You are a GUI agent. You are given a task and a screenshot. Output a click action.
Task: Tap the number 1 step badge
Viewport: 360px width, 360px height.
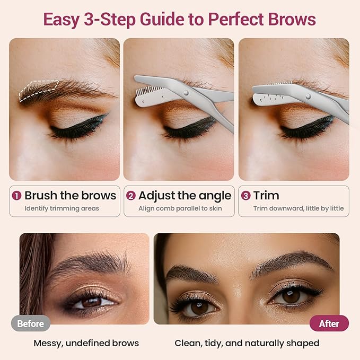click(x=17, y=196)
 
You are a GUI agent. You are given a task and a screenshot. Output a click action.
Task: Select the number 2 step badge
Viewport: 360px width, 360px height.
click(x=131, y=196)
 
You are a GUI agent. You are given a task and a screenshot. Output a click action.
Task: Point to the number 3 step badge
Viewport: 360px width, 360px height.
click(x=245, y=196)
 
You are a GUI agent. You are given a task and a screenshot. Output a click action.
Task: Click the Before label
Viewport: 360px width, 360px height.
click(x=30, y=323)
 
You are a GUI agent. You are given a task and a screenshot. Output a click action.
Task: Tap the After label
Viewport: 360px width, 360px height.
click(x=329, y=323)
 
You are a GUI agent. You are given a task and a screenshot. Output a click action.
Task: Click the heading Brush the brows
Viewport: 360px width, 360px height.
click(x=70, y=196)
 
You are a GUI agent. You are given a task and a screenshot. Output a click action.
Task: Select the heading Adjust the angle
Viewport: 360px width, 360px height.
click(x=185, y=196)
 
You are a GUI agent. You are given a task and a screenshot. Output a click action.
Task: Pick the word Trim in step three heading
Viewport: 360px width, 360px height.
click(x=266, y=196)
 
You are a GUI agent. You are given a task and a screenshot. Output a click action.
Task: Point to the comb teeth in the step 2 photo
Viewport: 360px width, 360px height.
click(x=142, y=93)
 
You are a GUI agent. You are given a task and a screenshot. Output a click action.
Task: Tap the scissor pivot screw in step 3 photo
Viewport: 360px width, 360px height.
click(x=308, y=96)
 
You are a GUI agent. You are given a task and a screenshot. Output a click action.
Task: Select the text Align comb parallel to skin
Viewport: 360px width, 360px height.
click(x=180, y=208)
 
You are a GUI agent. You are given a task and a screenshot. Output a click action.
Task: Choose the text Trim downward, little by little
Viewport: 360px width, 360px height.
click(x=298, y=208)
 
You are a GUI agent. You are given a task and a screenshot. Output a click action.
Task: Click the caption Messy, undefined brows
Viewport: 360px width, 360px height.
click(x=86, y=343)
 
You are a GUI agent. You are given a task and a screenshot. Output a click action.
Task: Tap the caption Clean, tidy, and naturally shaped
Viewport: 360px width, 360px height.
click(x=247, y=343)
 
